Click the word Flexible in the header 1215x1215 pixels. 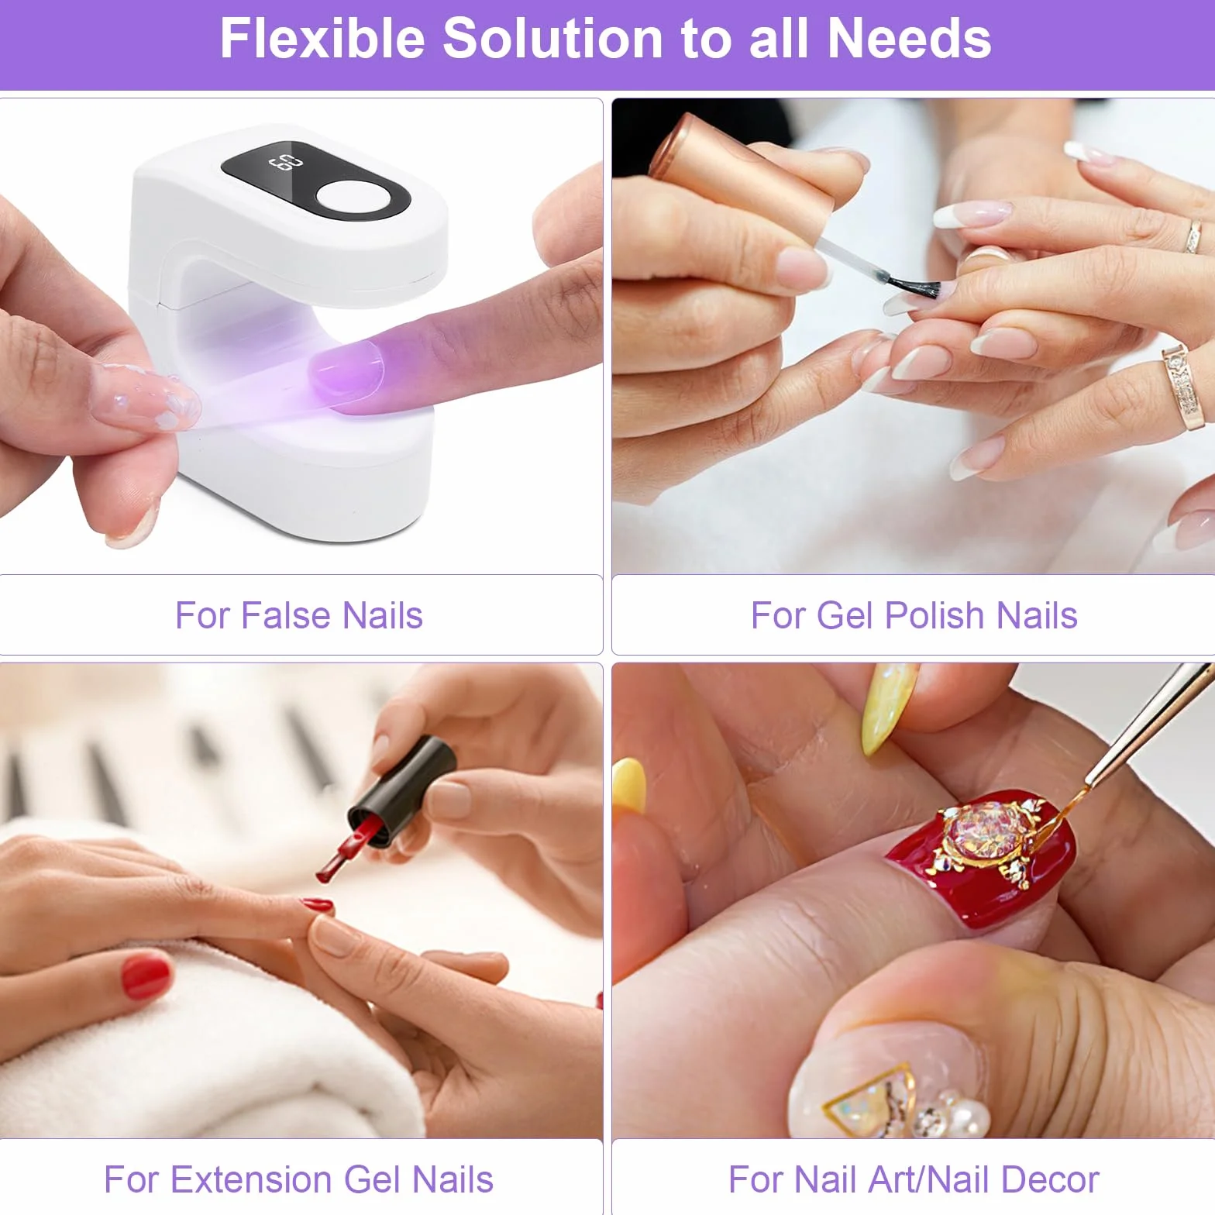[x=322, y=38]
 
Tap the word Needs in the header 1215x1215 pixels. [x=910, y=38]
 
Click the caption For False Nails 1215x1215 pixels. [x=299, y=615]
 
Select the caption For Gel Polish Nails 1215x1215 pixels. [x=914, y=615]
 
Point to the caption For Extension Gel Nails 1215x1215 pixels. [x=299, y=1179]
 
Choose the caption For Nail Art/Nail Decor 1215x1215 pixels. [x=914, y=1179]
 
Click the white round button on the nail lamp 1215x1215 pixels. [x=353, y=198]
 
